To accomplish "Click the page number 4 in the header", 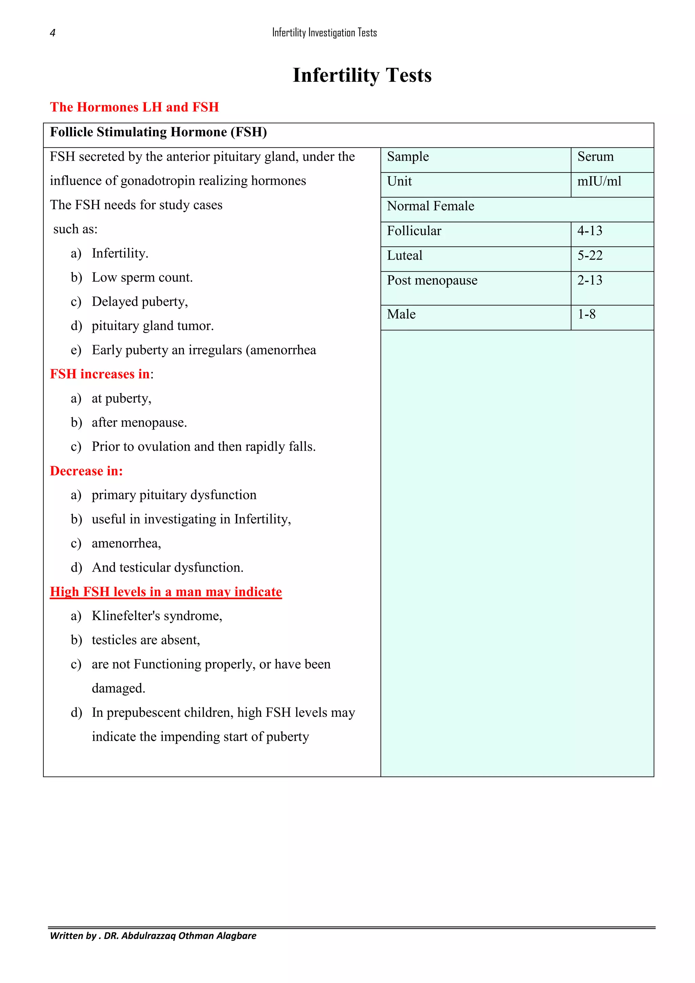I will (x=53, y=33).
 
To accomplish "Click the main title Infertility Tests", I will (x=362, y=75).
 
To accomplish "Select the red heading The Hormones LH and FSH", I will (x=134, y=107).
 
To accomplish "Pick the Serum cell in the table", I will (x=595, y=157).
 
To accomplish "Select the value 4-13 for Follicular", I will (x=589, y=231).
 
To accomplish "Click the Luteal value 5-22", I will (x=589, y=256).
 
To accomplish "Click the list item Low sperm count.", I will (x=142, y=277).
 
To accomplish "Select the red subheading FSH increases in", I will (x=100, y=374).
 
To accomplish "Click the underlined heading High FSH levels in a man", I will (x=166, y=592).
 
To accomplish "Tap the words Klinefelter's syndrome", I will (x=157, y=616).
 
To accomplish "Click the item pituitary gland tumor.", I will (x=152, y=326).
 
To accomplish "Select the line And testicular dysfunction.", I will (x=167, y=568).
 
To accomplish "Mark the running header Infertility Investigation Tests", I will (x=324, y=33).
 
